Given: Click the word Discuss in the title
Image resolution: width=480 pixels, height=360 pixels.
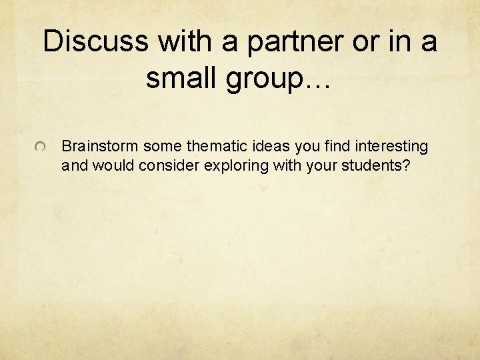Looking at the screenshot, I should click(96, 42).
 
